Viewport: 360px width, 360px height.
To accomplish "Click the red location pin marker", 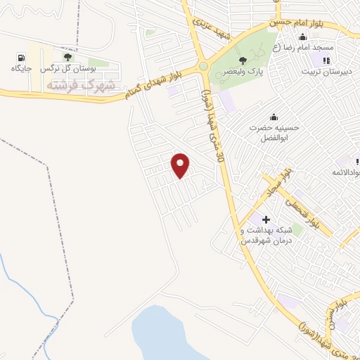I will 181,165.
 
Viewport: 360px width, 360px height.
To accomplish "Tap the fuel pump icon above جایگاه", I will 22,58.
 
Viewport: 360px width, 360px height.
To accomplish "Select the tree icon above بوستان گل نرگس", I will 67,58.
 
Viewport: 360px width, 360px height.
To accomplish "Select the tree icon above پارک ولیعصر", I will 243,60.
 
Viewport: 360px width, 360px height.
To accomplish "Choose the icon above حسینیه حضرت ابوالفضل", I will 273,117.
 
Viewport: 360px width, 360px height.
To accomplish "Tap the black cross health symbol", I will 266,220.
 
